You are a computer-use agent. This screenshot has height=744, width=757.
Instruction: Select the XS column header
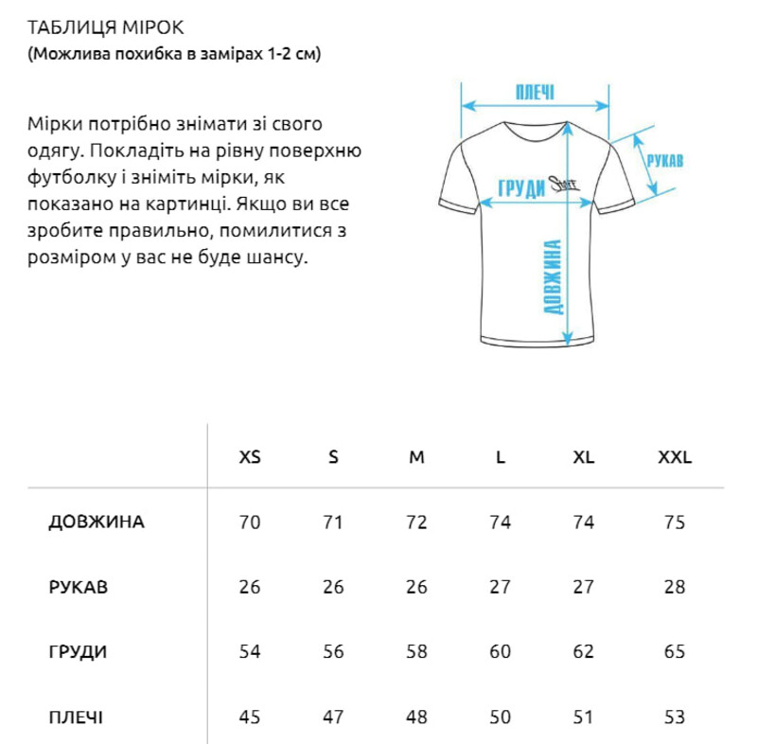pos(250,458)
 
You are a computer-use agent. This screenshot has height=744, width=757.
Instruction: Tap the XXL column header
pos(675,458)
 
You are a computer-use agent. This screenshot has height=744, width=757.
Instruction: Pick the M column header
pos(416,458)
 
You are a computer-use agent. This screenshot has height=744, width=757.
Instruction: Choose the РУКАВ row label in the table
pos(78,587)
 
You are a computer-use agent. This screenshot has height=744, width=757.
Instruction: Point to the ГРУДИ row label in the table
pos(77,652)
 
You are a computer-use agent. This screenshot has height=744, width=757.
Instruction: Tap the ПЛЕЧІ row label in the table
pos(76,717)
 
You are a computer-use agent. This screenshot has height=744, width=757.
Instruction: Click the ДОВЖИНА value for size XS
pos(250,523)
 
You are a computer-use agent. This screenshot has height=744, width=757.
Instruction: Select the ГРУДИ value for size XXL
pos(675,652)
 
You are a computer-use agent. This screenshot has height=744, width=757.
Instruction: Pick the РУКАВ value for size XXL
pos(675,587)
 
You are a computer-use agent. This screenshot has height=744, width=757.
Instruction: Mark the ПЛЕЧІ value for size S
pos(333,717)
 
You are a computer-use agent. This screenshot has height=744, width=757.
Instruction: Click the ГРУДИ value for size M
pos(416,652)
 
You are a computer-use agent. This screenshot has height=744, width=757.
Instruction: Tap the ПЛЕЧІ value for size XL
pos(584,717)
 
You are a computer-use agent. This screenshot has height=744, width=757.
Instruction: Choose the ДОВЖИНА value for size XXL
pos(675,523)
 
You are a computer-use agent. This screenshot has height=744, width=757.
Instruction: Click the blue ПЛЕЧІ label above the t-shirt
pos(535,92)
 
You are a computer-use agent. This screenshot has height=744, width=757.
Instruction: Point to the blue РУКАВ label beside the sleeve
pos(664,160)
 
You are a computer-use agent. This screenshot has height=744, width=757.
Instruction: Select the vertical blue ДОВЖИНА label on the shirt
pos(555,276)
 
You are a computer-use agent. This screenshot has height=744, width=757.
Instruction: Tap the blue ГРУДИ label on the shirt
pos(521,187)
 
